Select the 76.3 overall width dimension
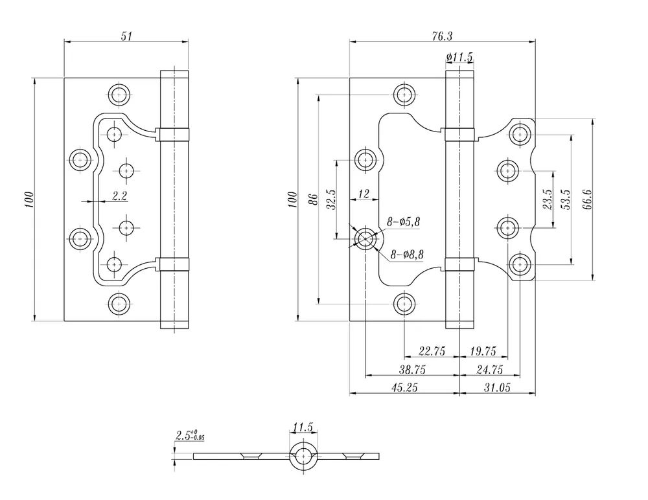click(442, 37)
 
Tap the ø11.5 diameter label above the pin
click(459, 58)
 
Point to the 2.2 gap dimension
click(119, 196)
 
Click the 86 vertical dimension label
click(311, 199)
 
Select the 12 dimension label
click(363, 194)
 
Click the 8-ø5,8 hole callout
click(404, 222)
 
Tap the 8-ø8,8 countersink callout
click(407, 255)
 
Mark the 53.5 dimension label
click(566, 199)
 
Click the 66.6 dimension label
click(586, 199)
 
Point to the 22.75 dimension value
click(432, 351)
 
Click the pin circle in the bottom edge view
click(303, 455)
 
